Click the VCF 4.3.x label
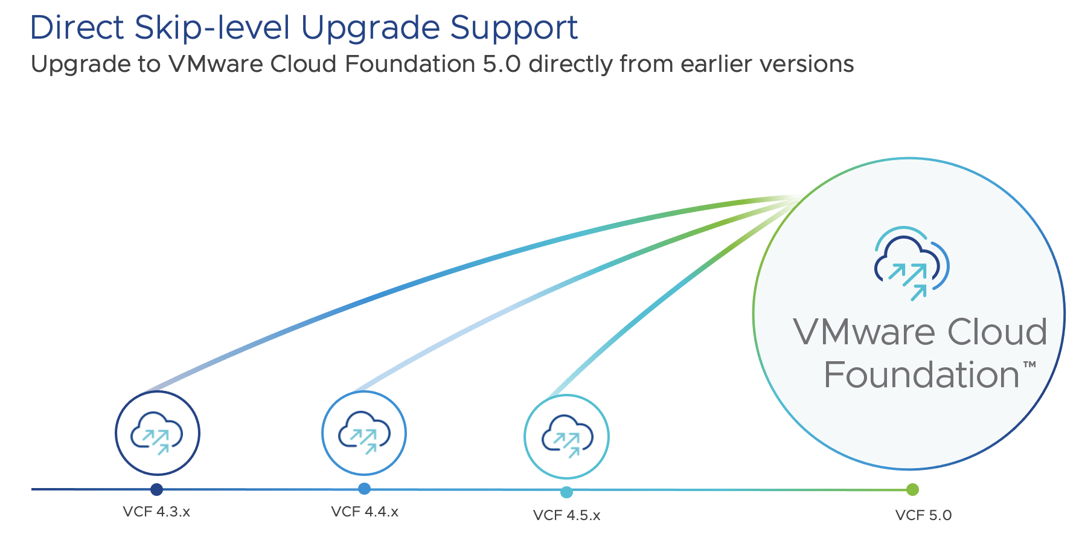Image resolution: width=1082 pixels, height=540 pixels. pyautogui.click(x=156, y=512)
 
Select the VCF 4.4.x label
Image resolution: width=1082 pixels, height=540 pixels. pyautogui.click(x=365, y=512)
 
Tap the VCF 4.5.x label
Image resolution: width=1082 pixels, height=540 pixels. pyautogui.click(x=566, y=515)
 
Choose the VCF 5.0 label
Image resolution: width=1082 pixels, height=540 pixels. pyautogui.click(x=923, y=515)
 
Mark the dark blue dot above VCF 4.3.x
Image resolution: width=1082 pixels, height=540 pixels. pyautogui.click(x=157, y=489)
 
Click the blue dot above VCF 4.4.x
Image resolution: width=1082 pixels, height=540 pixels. pyautogui.click(x=364, y=489)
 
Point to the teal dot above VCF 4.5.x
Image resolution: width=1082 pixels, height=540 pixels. pyautogui.click(x=566, y=492)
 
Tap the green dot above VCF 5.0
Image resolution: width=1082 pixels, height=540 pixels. pyautogui.click(x=912, y=489)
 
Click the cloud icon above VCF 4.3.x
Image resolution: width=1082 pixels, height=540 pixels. pyautogui.click(x=157, y=433)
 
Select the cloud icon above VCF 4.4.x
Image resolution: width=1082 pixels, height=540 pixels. pyautogui.click(x=364, y=432)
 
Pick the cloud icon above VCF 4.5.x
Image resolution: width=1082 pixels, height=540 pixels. pyautogui.click(x=567, y=436)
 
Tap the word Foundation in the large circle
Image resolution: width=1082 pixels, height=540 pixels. pyautogui.click(x=921, y=375)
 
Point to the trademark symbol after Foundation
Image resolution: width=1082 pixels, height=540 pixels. pyautogui.click(x=1029, y=364)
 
